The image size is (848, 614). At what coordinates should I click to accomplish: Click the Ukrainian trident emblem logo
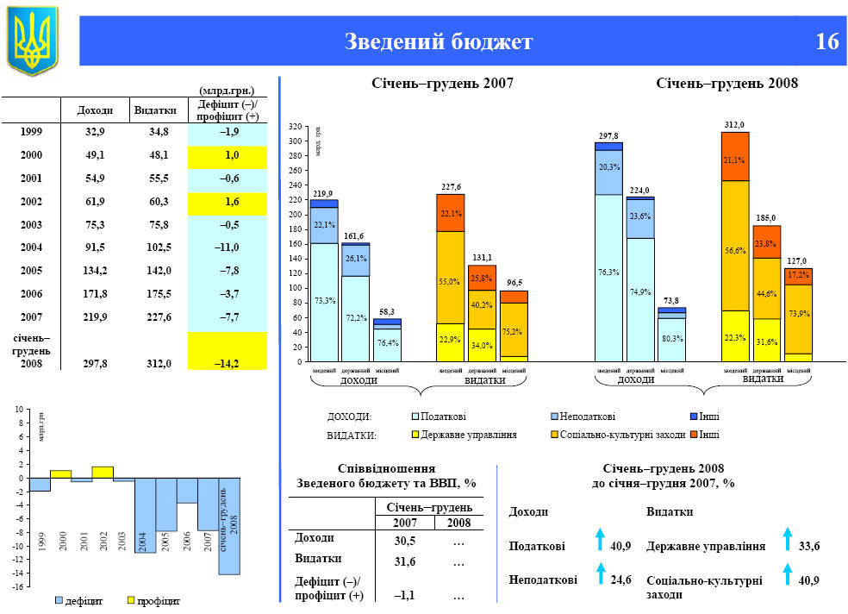point(32,39)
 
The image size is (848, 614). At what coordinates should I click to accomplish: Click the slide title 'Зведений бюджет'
point(439,41)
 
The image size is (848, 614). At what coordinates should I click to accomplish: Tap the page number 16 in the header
point(826,41)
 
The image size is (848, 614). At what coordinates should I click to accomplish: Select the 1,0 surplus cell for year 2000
point(231,155)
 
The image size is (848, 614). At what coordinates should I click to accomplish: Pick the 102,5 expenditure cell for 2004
point(158,247)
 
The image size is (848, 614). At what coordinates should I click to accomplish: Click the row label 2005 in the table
point(31,271)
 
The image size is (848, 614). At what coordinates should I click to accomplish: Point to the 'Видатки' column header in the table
point(155,110)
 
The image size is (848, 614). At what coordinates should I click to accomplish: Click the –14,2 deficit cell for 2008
point(228,363)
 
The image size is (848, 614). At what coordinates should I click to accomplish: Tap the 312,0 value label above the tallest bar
point(734,125)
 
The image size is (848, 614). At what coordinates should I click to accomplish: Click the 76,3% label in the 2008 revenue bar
point(608,272)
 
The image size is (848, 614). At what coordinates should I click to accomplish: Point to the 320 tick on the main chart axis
point(295,127)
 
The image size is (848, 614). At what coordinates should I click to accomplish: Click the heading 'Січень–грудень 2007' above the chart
point(442,84)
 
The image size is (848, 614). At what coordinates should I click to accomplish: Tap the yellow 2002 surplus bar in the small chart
point(103,472)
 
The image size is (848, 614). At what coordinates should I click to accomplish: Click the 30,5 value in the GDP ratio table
point(405,541)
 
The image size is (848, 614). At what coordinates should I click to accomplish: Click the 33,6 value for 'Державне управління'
point(809,546)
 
